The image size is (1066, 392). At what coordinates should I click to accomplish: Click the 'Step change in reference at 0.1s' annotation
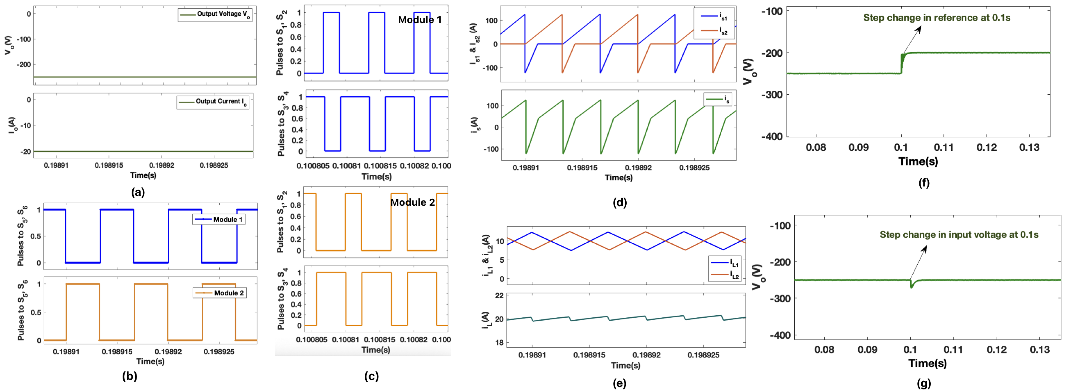(937, 18)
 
